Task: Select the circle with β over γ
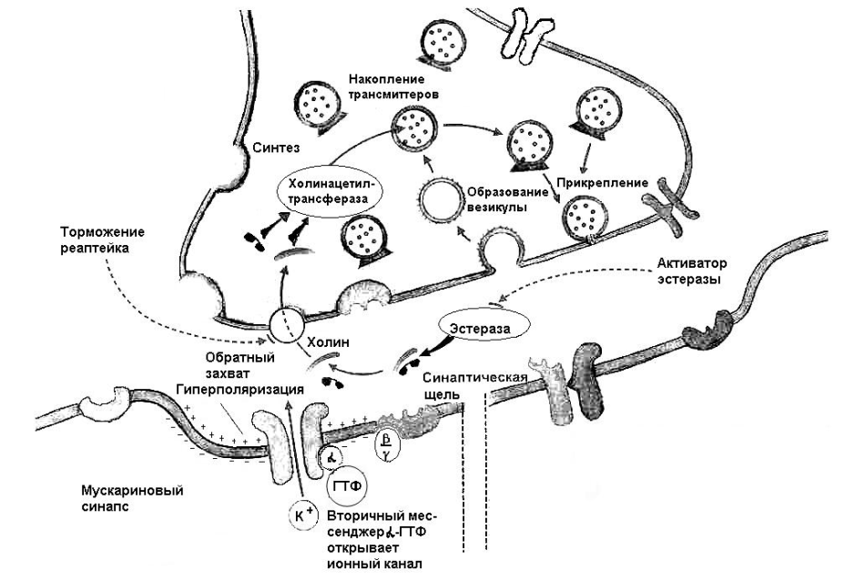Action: tap(387, 443)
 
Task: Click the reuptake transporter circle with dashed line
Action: tap(285, 323)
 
